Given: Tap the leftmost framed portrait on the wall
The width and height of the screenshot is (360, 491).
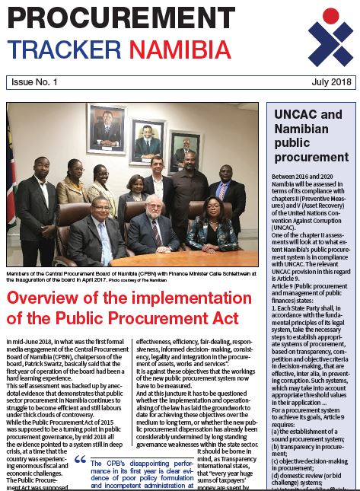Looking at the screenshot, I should (106, 128).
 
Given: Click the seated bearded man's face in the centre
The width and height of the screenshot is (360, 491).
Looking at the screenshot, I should (154, 211).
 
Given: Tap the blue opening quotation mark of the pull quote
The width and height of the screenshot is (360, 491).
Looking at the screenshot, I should (80, 459).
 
